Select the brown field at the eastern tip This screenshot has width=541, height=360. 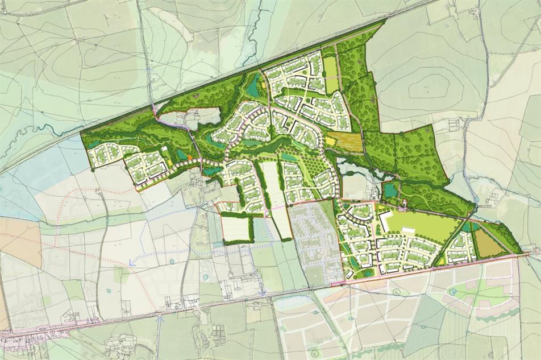click(x=488, y=243)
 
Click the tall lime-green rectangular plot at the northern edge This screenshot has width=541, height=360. click(x=330, y=75)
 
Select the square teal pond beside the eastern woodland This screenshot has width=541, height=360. click(x=390, y=192)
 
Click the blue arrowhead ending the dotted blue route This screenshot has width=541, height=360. click(x=131, y=263)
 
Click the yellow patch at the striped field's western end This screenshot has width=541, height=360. click(x=330, y=139)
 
